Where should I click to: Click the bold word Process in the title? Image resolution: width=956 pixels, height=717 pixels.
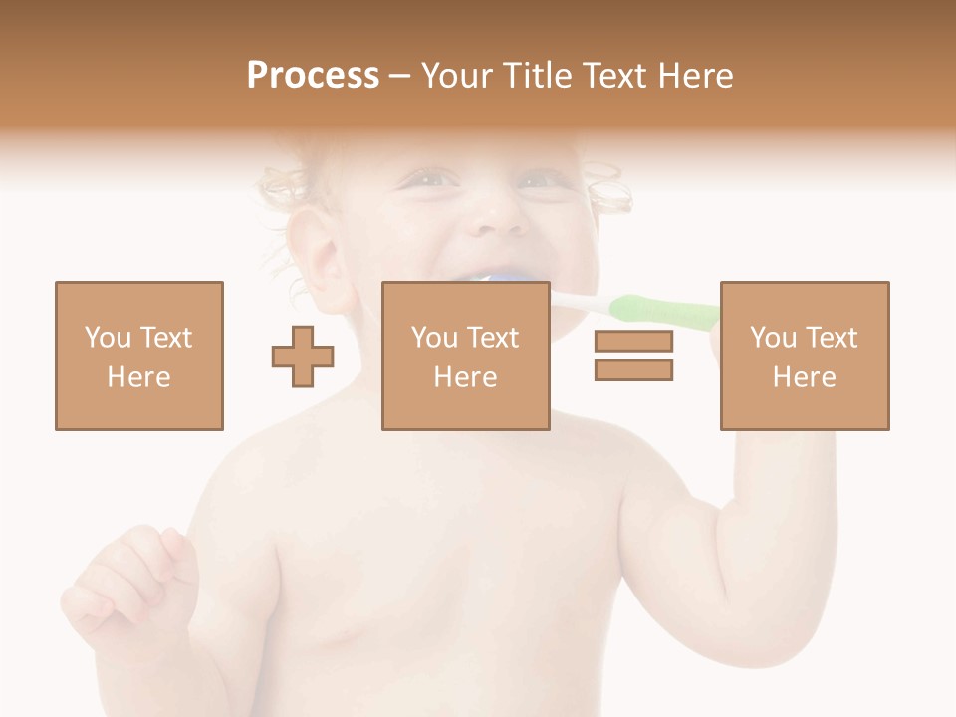[x=313, y=76]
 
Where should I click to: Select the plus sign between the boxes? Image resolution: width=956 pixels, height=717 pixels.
[x=303, y=356]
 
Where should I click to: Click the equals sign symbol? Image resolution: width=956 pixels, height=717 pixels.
[x=633, y=356]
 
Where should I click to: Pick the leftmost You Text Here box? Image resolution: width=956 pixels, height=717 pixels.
[x=138, y=356]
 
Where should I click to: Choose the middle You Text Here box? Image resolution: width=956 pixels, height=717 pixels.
[x=465, y=356]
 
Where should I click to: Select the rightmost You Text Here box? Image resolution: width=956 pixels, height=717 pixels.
[x=804, y=356]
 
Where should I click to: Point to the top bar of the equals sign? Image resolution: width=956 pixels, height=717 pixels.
[x=633, y=342]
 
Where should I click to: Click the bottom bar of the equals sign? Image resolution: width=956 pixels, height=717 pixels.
[x=633, y=369]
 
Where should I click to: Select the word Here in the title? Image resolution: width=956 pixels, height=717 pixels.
[x=694, y=76]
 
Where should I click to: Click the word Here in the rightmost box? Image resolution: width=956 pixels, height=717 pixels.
[x=804, y=377]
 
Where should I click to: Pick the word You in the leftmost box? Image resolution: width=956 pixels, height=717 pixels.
[x=106, y=338]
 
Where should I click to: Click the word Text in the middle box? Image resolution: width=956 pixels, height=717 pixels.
[x=493, y=338]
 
